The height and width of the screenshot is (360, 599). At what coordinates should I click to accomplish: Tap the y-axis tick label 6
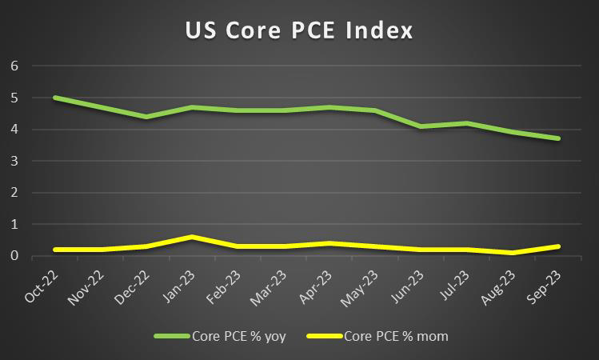click(x=14, y=66)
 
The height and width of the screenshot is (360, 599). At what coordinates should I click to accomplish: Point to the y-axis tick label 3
click(x=14, y=161)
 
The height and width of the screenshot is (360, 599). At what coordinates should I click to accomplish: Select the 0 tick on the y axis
click(x=14, y=256)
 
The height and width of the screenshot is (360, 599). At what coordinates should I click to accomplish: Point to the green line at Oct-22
click(x=55, y=98)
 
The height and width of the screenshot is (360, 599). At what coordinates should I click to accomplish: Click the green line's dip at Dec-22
click(x=148, y=117)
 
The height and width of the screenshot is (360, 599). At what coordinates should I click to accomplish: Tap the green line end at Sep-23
click(x=558, y=138)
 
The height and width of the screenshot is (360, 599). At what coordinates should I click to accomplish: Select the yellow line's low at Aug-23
click(x=512, y=253)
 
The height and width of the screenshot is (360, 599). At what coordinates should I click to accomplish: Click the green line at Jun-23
click(x=420, y=126)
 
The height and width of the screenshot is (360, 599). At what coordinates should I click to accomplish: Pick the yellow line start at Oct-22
click(x=55, y=250)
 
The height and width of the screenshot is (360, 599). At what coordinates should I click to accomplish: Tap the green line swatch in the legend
click(x=173, y=336)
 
